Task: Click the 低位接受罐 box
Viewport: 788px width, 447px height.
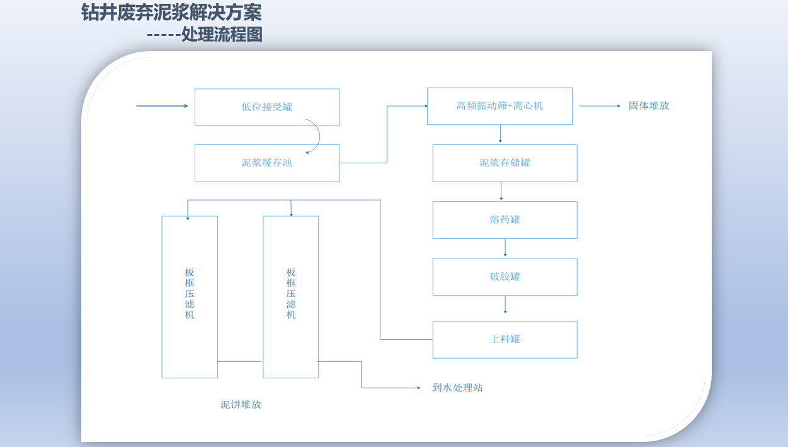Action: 267,107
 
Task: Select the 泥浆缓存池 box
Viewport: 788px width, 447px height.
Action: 267,163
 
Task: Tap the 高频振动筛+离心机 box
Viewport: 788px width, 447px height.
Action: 500,106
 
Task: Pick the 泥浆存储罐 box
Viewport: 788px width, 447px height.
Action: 505,163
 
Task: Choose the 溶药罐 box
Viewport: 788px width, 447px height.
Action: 505,220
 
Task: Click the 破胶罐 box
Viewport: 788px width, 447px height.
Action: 505,277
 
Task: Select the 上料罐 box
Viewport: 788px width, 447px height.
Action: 505,340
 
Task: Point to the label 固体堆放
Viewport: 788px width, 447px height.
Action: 649,106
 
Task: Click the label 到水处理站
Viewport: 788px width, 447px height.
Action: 457,388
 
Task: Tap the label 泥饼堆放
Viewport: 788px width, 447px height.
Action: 241,405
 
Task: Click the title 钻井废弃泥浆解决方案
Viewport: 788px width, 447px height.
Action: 171,13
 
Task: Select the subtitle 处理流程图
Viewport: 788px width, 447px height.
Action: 222,35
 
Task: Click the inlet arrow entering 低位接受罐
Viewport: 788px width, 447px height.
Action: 162,106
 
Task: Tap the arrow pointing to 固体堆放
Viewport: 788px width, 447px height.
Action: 600,106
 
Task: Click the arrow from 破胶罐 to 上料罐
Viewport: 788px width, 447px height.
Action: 505,305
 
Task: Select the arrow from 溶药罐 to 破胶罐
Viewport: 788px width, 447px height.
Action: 505,248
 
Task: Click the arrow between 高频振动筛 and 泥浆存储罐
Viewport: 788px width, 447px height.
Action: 500,134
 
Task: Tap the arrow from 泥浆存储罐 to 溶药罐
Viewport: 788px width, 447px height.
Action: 501,191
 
